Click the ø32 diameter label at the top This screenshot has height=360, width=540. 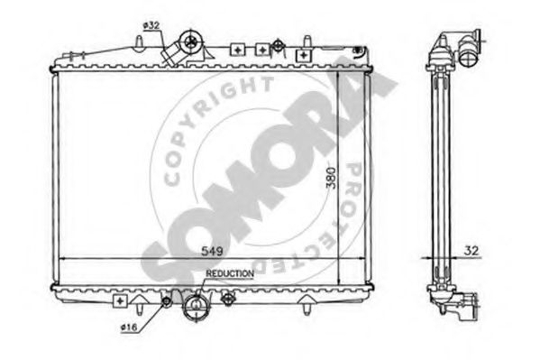[x=151, y=25]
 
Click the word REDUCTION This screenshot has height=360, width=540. [x=230, y=272]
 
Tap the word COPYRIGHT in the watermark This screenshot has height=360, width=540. [x=215, y=125]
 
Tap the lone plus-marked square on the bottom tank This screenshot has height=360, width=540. [x=120, y=300]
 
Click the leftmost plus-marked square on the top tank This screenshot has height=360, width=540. [x=237, y=51]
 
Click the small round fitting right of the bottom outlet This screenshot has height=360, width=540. [x=230, y=300]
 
